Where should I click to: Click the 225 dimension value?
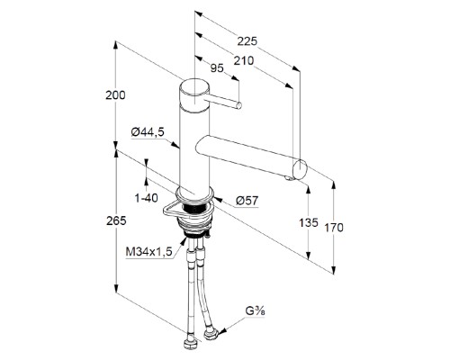(247, 41)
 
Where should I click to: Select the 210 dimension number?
(244, 61)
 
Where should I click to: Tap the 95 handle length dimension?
(217, 68)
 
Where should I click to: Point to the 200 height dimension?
(115, 95)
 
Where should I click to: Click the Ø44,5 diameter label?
(148, 132)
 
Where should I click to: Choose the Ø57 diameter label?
(247, 201)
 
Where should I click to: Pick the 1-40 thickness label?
(146, 198)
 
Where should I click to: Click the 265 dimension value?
(116, 220)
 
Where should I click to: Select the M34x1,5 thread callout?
(149, 252)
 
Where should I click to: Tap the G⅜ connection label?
(256, 311)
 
